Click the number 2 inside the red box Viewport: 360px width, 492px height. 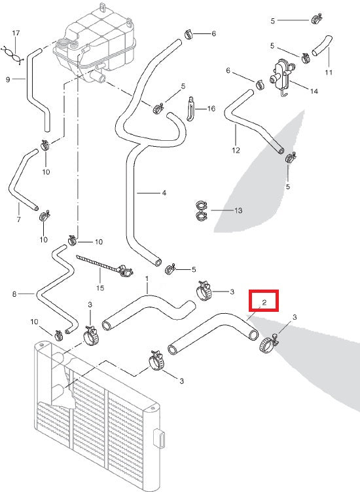[x=263, y=301]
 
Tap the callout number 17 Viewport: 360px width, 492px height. [x=16, y=33]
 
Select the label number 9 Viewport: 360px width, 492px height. [x=8, y=80]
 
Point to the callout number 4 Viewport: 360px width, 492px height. [x=164, y=193]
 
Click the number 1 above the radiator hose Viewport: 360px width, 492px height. [x=147, y=278]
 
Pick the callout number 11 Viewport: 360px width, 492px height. [x=329, y=71]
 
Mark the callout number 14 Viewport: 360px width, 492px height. [x=314, y=91]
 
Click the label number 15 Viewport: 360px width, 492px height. [x=99, y=288]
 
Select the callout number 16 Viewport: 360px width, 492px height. [x=211, y=108]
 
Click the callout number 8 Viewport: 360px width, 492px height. [x=14, y=294]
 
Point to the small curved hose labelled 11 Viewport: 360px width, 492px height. [x=322, y=46]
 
